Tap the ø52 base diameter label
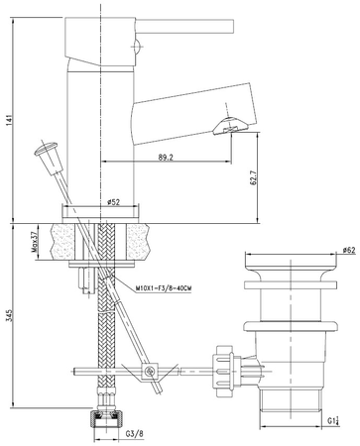tap(114, 203)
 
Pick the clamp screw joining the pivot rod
tap(150, 374)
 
